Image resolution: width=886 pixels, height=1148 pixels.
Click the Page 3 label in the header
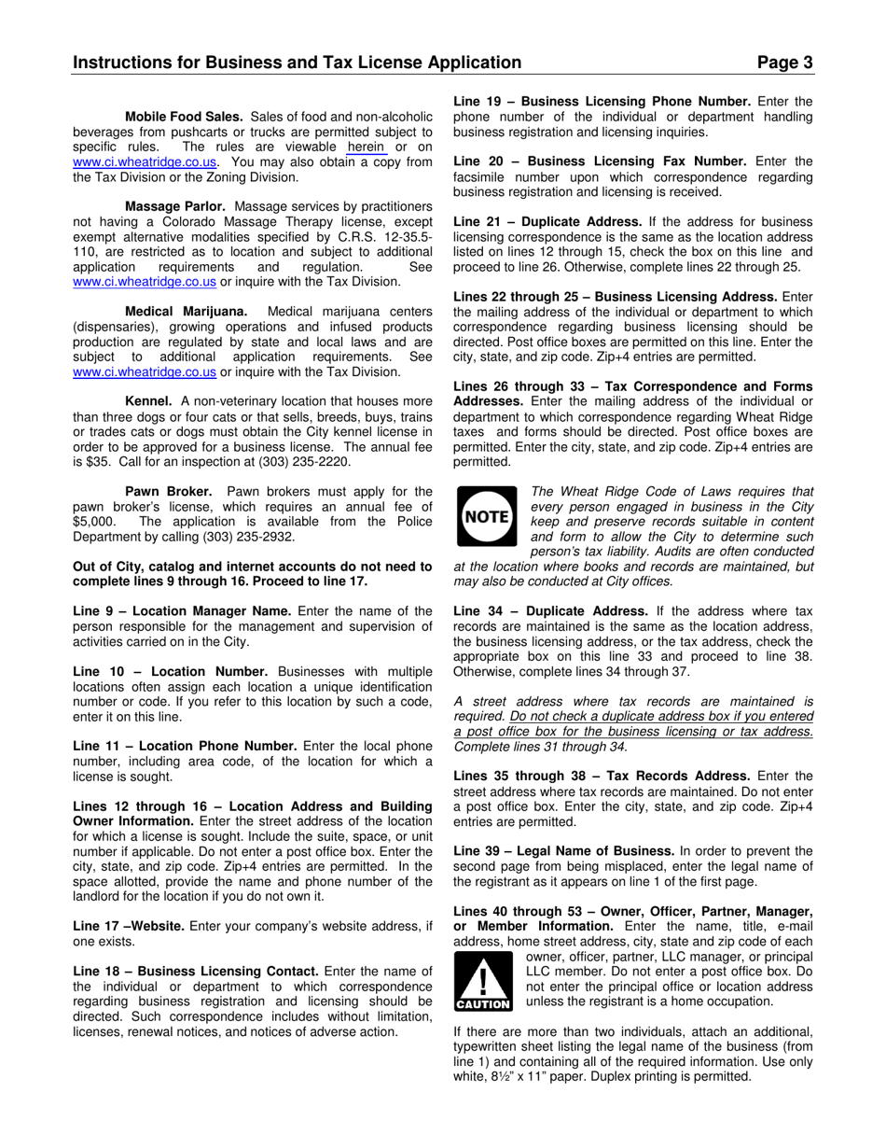[784, 63]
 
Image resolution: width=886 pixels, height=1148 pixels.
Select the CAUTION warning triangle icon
[482, 984]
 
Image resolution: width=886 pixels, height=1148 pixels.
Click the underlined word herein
[366, 147]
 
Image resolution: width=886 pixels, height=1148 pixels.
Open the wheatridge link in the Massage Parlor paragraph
[145, 282]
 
